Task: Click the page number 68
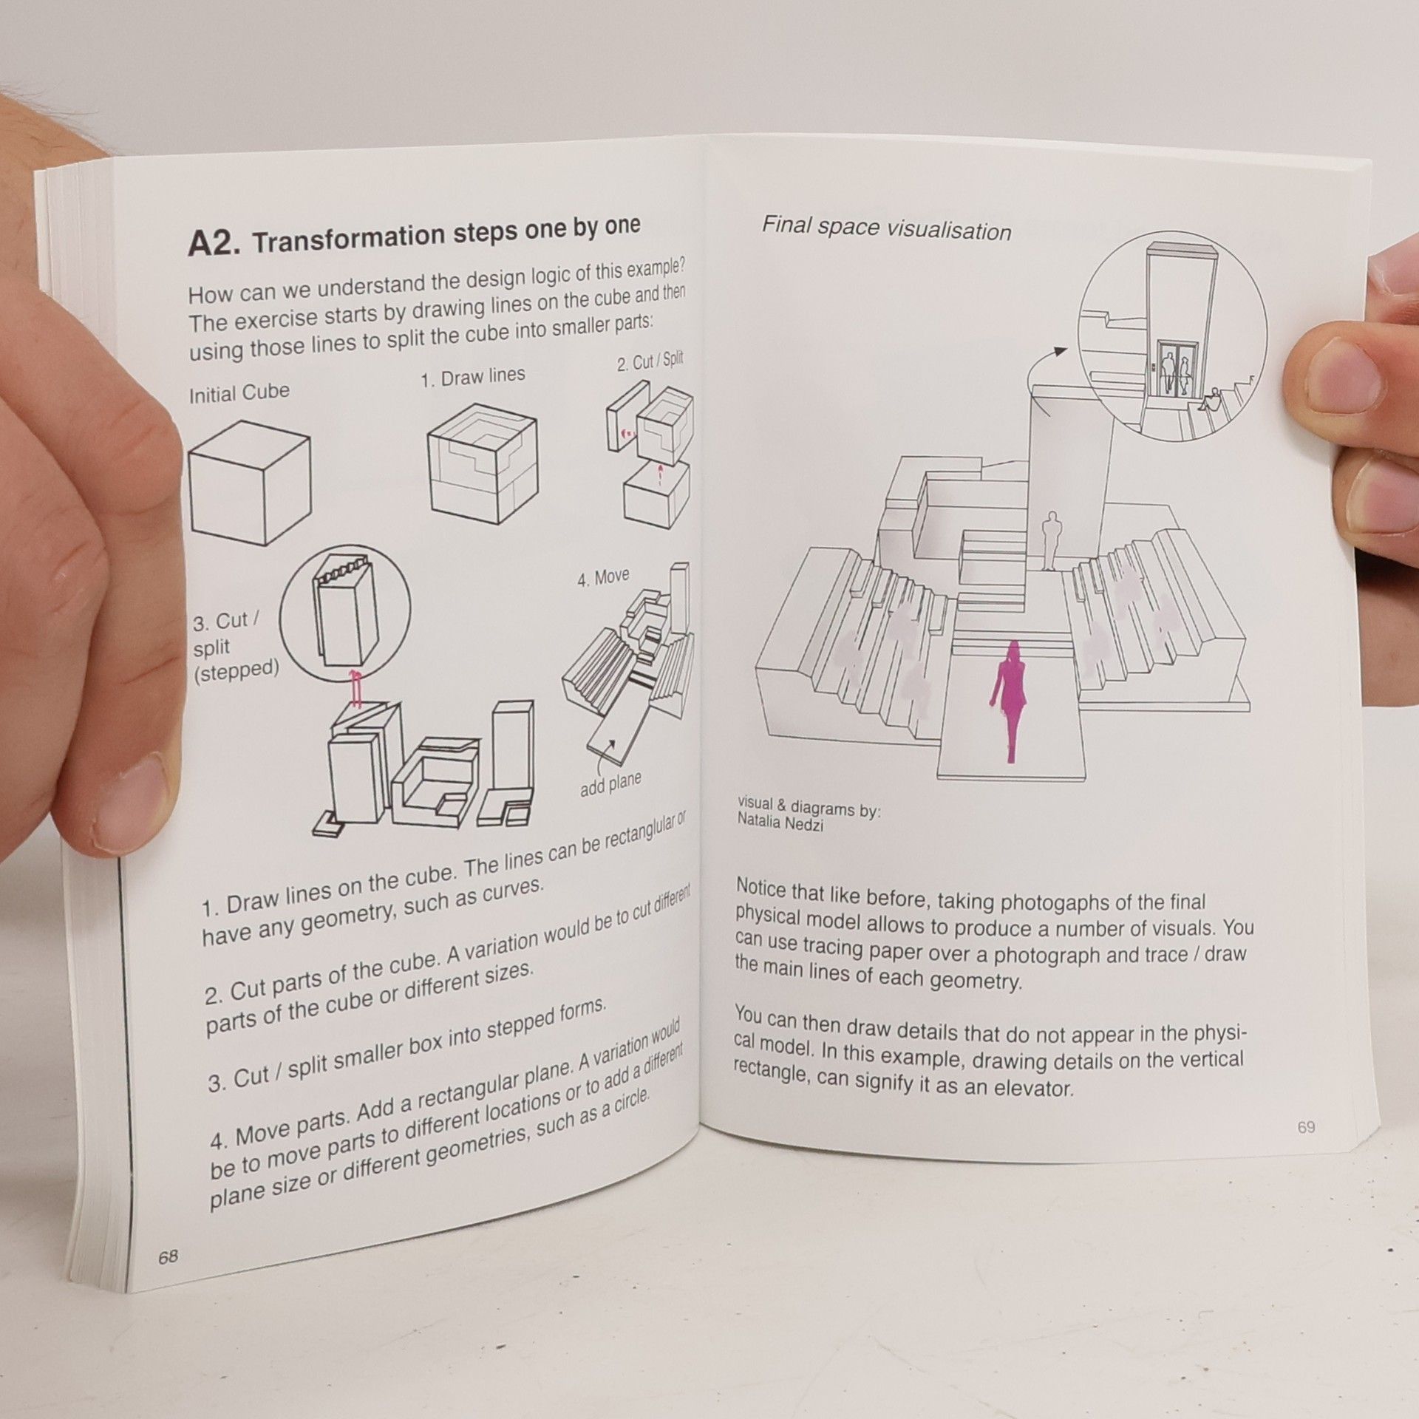[x=168, y=1256]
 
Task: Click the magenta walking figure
[x=1009, y=701]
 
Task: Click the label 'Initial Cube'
[x=239, y=392]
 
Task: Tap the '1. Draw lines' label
[x=473, y=378]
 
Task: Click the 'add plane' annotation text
[x=610, y=783]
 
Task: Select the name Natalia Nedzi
[x=780, y=823]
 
